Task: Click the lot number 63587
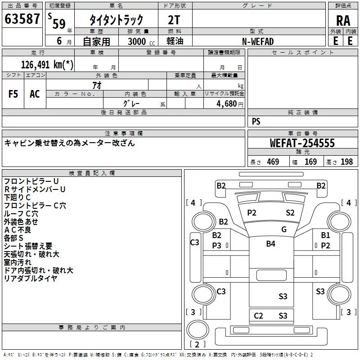click(x=22, y=19)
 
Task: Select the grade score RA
click(x=343, y=21)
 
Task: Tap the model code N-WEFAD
click(x=258, y=41)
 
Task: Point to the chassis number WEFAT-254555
click(x=302, y=143)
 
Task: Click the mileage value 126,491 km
click(x=47, y=65)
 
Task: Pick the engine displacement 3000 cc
click(x=141, y=41)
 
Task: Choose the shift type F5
click(x=13, y=94)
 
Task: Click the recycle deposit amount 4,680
click(x=227, y=103)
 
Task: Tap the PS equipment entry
click(x=256, y=121)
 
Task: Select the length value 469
click(x=273, y=162)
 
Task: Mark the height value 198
click(x=346, y=162)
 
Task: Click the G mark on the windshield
click(x=284, y=229)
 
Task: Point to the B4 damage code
click(x=271, y=243)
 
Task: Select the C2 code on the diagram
click(x=258, y=316)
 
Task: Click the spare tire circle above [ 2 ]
click(x=198, y=329)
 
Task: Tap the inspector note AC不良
click(x=18, y=230)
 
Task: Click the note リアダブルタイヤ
click(x=31, y=279)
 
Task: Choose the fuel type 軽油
click(x=175, y=41)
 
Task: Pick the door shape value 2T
click(x=174, y=20)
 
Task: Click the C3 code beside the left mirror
click(x=195, y=242)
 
